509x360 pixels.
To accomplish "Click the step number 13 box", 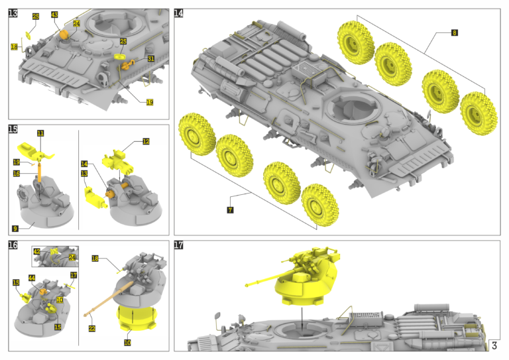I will [x=13, y=13].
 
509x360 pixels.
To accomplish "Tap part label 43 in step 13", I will [x=54, y=15].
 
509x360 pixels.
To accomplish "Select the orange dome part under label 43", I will [x=64, y=33].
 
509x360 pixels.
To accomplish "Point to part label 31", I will [x=151, y=59].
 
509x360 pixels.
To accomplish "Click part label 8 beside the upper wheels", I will [x=453, y=32].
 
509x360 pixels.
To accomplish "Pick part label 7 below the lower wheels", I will [x=229, y=210].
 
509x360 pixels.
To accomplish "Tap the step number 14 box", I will [x=179, y=13].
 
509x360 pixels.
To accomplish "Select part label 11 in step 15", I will [x=40, y=133].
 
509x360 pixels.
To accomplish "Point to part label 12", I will [x=146, y=141].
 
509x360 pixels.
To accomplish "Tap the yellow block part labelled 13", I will [x=93, y=196].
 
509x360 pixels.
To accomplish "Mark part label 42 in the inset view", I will [x=37, y=252].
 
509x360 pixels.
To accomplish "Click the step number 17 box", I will [x=179, y=245].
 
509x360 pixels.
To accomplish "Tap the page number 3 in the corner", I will [x=494, y=345].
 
